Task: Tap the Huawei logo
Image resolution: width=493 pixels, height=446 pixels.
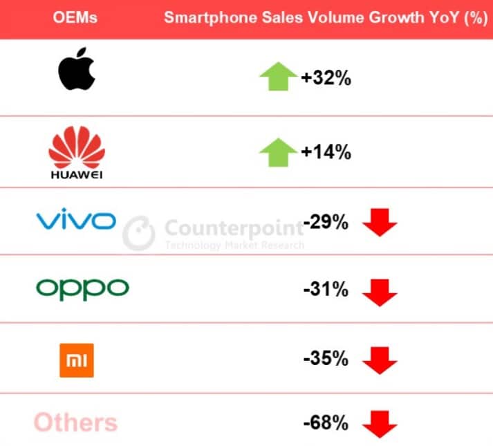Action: click(76, 154)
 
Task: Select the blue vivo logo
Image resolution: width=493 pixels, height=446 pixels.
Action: click(75, 221)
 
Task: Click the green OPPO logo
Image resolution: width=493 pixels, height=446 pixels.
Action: click(82, 288)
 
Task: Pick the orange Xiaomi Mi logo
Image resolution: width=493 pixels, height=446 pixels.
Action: click(76, 360)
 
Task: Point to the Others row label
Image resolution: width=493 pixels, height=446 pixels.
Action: click(75, 422)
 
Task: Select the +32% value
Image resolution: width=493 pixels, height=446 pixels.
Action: click(326, 78)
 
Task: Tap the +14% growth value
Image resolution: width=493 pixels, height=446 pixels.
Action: click(326, 152)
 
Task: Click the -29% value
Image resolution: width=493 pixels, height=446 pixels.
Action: click(325, 223)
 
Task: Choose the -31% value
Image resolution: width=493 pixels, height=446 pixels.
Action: click(325, 290)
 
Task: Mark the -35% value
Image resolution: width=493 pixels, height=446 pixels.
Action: click(325, 358)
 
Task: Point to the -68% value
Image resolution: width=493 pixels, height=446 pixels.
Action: click(325, 422)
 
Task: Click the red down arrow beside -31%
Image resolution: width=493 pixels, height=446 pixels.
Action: click(380, 292)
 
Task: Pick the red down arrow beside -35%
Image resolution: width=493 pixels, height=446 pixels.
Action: click(380, 360)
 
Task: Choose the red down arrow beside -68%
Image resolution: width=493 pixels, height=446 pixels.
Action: click(380, 423)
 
